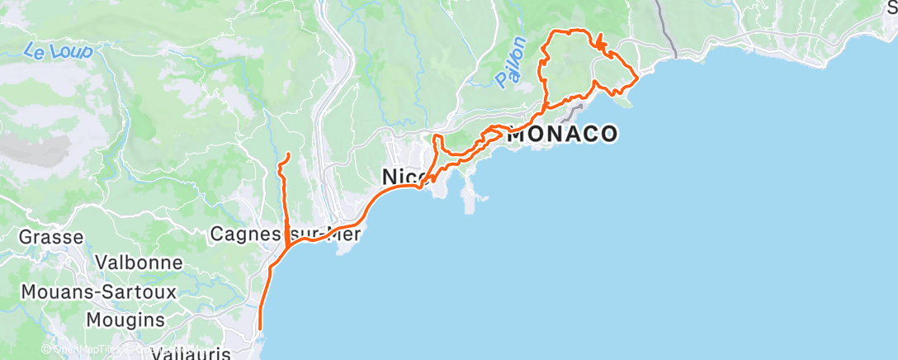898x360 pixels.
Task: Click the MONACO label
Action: (561, 134)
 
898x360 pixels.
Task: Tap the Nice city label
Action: (404, 177)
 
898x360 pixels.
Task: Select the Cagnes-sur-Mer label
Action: (284, 234)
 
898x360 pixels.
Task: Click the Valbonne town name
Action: (139, 263)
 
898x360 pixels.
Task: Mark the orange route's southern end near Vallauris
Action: (260, 329)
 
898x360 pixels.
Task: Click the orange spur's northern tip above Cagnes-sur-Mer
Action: (287, 154)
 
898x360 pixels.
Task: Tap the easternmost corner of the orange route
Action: (638, 78)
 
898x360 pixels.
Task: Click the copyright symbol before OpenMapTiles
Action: (47, 349)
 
